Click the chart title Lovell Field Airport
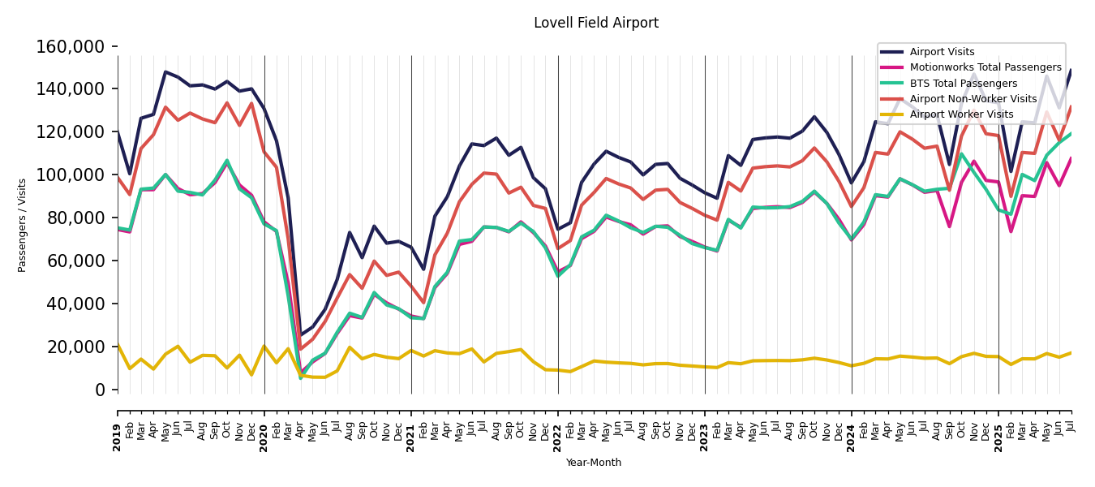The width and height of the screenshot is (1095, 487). (596, 24)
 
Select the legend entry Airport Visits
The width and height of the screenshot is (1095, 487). (942, 52)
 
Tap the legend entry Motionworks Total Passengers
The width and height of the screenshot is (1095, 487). (985, 67)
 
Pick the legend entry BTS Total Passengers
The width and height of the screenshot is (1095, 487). (963, 84)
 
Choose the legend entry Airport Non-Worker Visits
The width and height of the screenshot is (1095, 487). (973, 99)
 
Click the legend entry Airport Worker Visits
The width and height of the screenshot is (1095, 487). (961, 114)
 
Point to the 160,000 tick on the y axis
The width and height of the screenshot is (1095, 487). (71, 47)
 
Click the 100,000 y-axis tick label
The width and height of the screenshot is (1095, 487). (71, 175)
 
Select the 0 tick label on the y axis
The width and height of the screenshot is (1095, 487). (101, 390)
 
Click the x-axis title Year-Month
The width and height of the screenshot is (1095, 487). (594, 463)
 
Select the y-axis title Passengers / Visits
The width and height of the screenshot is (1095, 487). (23, 225)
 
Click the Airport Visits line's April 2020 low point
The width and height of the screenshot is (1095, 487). (300, 335)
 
